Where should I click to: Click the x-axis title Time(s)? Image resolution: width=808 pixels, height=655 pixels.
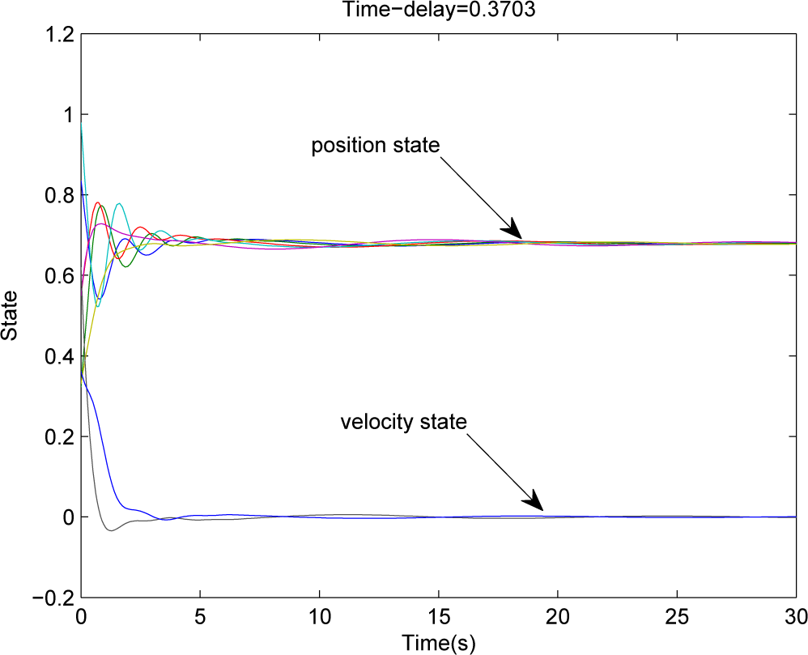coord(438,644)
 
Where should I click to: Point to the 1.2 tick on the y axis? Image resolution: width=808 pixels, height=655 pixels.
coord(58,35)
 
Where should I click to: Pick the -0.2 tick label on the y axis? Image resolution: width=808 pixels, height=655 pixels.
coord(53,598)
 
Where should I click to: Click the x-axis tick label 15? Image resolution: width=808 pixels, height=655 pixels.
coord(438,615)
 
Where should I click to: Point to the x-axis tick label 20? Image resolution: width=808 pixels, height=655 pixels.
coord(558,615)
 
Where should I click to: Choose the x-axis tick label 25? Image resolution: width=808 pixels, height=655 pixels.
coord(677,615)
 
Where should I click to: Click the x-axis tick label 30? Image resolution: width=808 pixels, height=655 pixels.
coord(796,615)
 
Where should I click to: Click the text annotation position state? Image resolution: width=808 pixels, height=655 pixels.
coord(376,146)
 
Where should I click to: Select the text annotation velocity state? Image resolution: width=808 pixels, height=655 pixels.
coord(403,422)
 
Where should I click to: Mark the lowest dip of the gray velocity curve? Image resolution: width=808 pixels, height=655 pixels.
coord(110,530)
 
